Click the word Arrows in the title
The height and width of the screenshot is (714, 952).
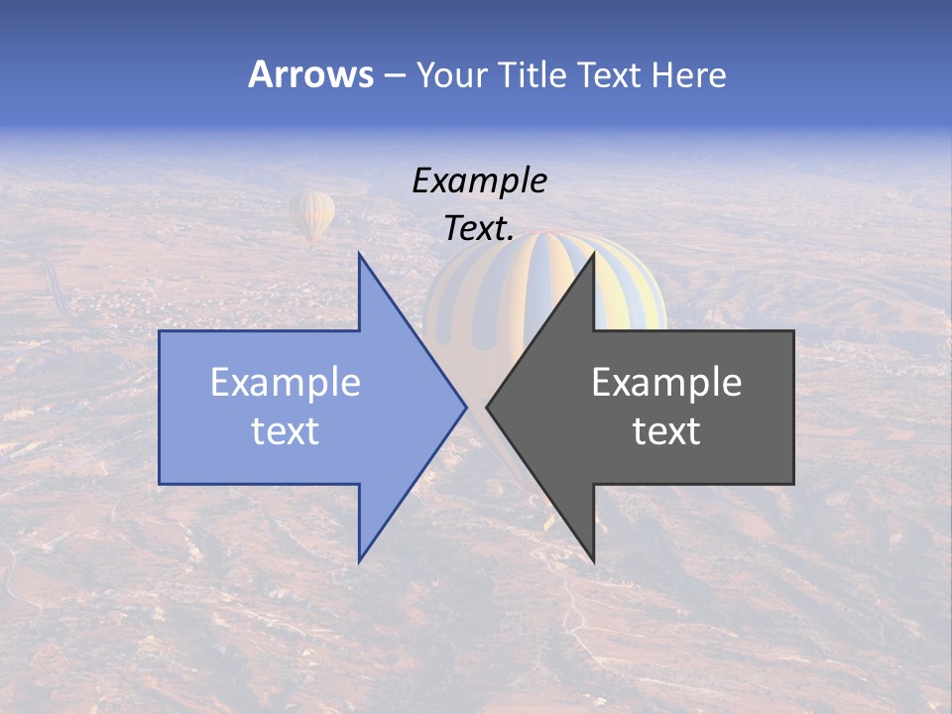coord(310,74)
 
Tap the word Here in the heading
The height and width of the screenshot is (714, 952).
coord(688,74)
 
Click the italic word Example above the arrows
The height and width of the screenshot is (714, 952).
coord(479,180)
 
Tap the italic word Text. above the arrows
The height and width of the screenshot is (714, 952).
coord(479,229)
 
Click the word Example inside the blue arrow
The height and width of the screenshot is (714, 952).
coord(286,382)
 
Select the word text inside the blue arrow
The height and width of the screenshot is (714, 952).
coord(286,431)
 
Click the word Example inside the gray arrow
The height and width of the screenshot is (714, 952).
coord(666,382)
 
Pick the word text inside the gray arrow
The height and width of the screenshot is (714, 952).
coord(666,431)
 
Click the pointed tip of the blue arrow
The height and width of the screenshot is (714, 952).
coord(465,407)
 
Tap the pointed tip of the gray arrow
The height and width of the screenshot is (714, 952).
coord(487,407)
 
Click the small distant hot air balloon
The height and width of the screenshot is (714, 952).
coord(312,214)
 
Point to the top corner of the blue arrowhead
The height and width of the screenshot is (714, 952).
coord(359,254)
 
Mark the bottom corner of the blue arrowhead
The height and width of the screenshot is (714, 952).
coord(359,561)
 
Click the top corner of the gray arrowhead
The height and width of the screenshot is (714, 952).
coord(594,254)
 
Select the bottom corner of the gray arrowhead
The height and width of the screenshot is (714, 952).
coord(594,561)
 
